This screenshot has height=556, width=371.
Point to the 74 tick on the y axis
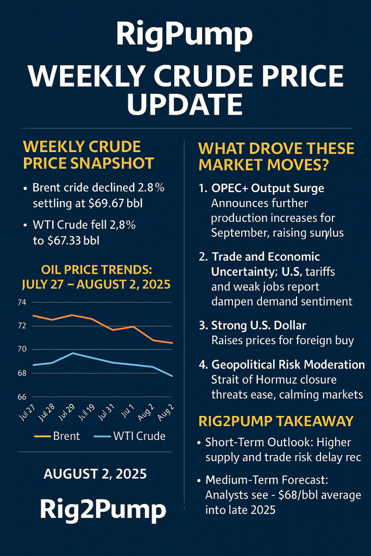point(21,302)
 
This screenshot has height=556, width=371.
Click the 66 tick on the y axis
point(21,397)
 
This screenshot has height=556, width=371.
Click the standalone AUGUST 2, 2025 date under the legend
point(95,473)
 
